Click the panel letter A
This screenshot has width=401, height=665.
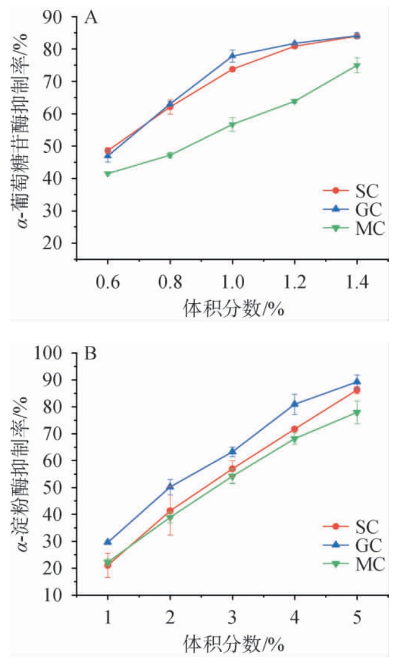[x=91, y=18]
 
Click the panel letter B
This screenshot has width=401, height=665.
[x=91, y=355]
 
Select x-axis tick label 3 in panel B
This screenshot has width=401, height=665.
[x=232, y=619]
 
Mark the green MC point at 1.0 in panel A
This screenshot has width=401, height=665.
[x=232, y=125]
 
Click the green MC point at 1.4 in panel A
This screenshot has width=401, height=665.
[x=357, y=66]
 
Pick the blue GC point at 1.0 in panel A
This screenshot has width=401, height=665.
[x=232, y=56]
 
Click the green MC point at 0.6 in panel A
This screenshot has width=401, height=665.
[x=108, y=174]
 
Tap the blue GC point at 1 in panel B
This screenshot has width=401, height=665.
[x=108, y=541]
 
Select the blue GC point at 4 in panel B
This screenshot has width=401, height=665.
[x=295, y=403]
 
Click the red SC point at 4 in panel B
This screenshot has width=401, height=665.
[x=295, y=430]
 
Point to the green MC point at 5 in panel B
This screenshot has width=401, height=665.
[x=357, y=413]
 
